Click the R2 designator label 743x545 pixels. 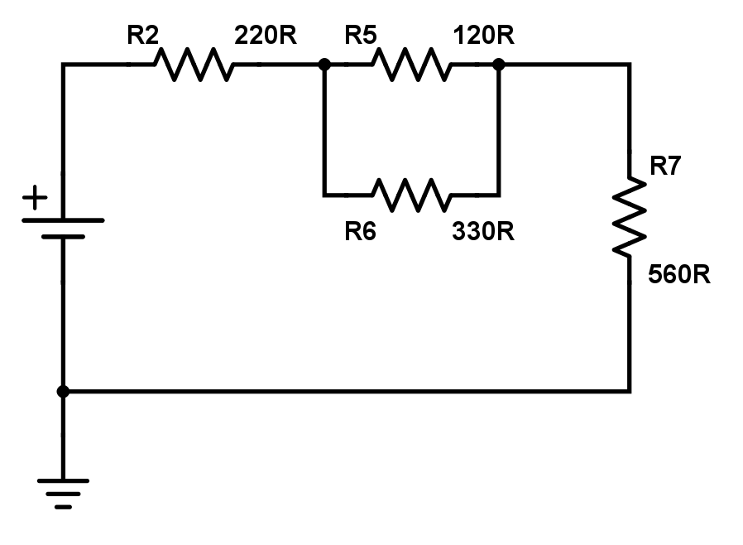click(x=142, y=36)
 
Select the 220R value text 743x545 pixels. click(x=266, y=36)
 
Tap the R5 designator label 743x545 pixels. click(x=361, y=36)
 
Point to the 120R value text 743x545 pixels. click(x=483, y=36)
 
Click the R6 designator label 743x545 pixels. click(x=361, y=231)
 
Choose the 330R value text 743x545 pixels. click(x=483, y=231)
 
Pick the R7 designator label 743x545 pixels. click(x=665, y=166)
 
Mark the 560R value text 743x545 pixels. click(x=679, y=275)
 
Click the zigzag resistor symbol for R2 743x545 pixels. click(x=194, y=64)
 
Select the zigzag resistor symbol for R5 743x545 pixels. click(x=412, y=64)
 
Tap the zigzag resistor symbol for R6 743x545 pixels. click(x=412, y=195)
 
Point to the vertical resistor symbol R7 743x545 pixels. click(x=630, y=217)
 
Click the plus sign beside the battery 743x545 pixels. click(x=35, y=197)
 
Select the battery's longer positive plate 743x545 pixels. click(x=63, y=220)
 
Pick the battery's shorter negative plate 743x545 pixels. click(x=63, y=237)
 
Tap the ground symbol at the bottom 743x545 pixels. click(x=63, y=494)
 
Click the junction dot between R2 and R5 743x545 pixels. click(x=324, y=64)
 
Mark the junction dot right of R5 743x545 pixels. click(x=498, y=64)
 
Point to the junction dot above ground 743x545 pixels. click(x=63, y=391)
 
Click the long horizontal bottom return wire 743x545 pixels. click(x=347, y=391)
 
